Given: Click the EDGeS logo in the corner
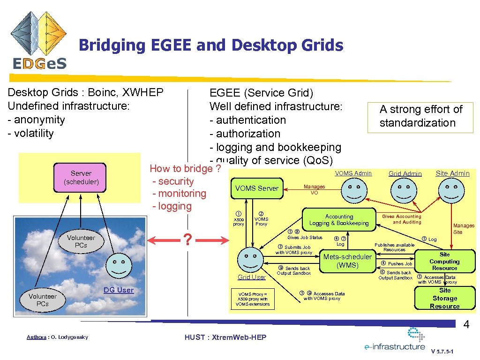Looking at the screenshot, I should click(x=39, y=41).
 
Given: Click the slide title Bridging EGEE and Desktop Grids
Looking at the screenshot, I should click(x=211, y=45).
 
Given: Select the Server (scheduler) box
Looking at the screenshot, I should click(x=81, y=177).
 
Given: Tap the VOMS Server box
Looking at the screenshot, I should click(x=257, y=188).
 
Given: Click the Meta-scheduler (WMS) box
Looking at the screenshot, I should click(x=347, y=261).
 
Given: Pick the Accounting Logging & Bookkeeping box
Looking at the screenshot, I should click(x=339, y=220).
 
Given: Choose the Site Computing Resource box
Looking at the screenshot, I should click(x=444, y=262).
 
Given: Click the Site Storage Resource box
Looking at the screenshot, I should click(x=444, y=298).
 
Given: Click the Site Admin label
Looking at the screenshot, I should click(x=452, y=173).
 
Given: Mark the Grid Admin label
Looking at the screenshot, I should click(x=405, y=173).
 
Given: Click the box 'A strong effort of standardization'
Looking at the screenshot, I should click(x=420, y=116).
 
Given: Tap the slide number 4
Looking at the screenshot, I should click(x=466, y=324).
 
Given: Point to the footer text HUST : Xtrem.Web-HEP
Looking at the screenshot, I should click(x=225, y=337).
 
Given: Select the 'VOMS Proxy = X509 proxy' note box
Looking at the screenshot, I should click(x=253, y=299).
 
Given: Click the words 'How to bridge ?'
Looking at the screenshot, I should click(x=185, y=169).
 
